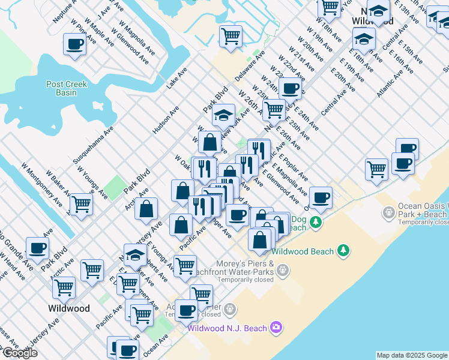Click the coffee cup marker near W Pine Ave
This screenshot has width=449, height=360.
coord(75,45)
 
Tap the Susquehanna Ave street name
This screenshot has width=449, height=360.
coord(93,146)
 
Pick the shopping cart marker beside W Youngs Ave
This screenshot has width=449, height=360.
coord(81,203)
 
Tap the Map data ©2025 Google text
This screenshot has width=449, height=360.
coord(412,355)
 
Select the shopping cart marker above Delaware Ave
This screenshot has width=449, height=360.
coord(231,37)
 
